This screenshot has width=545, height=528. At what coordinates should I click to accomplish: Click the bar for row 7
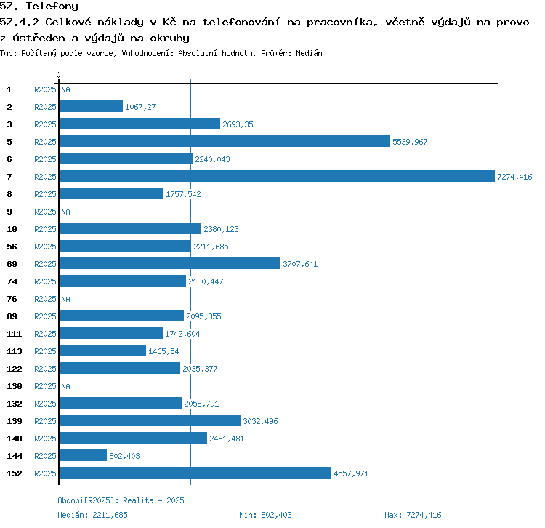[x=276, y=176]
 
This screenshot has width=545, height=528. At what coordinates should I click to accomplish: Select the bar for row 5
[x=224, y=141]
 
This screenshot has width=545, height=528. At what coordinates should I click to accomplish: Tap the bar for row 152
[x=195, y=473]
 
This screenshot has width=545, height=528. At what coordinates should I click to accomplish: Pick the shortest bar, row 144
[x=83, y=455]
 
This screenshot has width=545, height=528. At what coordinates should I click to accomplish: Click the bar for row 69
[x=169, y=263]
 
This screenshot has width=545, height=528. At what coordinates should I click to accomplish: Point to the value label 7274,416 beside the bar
[x=514, y=177]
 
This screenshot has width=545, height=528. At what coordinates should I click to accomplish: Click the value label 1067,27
[x=140, y=107]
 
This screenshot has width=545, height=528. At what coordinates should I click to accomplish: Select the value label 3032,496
[x=260, y=421]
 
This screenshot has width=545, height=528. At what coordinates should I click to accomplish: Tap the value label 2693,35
[x=238, y=124]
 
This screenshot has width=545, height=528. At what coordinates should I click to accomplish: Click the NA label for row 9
[x=65, y=212]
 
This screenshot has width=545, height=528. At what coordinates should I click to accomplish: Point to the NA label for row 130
[x=65, y=386]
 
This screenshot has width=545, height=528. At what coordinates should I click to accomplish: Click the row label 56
[x=12, y=247]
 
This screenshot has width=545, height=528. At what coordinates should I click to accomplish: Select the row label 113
[x=14, y=351]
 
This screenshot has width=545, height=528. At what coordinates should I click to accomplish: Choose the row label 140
[x=14, y=439]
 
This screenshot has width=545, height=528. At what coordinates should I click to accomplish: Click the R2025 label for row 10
[x=45, y=229]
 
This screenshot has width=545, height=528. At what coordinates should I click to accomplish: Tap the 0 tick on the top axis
[x=58, y=76]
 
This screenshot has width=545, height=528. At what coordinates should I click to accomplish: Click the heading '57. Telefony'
[x=39, y=7]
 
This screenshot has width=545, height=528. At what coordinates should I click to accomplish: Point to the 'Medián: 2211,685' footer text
[x=92, y=515]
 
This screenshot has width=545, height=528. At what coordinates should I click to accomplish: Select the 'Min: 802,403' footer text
[x=265, y=515]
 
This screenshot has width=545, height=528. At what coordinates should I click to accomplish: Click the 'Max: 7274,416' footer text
[x=413, y=515]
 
